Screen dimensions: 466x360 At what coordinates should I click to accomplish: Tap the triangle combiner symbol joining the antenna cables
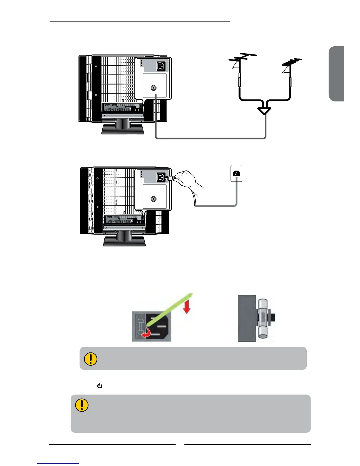[264, 111]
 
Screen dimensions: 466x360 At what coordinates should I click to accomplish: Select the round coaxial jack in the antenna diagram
[153, 88]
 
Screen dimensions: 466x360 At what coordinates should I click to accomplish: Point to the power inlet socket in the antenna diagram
[161, 66]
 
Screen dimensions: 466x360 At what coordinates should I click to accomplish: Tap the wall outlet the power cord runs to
[236, 173]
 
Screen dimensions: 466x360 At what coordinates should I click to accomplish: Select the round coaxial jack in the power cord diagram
[153, 199]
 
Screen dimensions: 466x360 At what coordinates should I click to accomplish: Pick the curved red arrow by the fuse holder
[146, 333]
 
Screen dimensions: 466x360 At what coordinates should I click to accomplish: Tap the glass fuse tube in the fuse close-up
[263, 318]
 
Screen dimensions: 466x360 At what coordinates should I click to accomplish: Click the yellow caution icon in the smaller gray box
[91, 359]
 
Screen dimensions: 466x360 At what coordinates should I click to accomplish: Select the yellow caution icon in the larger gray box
[82, 405]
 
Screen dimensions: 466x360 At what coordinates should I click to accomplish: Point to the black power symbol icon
[100, 386]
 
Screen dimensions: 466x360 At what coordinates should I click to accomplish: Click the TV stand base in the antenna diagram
[123, 129]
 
